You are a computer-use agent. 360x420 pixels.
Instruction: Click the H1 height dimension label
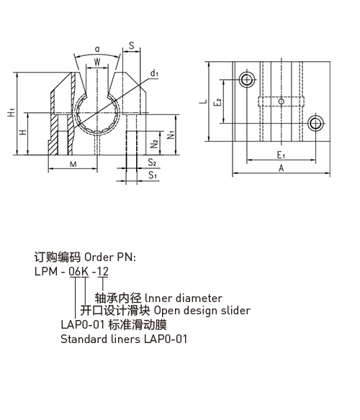[x=12, y=112]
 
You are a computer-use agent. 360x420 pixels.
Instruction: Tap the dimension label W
[x=97, y=62]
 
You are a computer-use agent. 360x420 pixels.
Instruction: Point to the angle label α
[x=97, y=49]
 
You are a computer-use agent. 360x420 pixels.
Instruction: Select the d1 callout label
[x=154, y=73]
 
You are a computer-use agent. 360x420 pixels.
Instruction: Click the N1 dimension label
[x=171, y=134]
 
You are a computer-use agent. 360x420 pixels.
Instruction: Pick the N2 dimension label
[x=154, y=144]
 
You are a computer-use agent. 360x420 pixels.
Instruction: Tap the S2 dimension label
[x=152, y=163]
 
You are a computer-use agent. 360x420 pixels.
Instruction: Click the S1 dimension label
[x=153, y=175]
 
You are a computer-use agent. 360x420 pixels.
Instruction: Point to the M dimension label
[x=73, y=164]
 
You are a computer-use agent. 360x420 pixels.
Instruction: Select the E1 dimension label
[x=281, y=155]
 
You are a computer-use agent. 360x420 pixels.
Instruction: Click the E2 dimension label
[x=218, y=102]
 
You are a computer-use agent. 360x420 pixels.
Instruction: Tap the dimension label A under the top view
[x=281, y=168]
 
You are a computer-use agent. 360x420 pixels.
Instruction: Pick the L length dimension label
[x=204, y=101]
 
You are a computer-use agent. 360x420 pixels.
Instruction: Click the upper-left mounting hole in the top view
[x=246, y=80]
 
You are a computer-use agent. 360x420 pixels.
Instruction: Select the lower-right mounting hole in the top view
[x=315, y=123]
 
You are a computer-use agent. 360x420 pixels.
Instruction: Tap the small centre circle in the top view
[x=281, y=101]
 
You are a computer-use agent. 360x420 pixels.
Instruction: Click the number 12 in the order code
[x=103, y=271]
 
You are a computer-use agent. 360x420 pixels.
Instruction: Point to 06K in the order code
[x=78, y=271]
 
